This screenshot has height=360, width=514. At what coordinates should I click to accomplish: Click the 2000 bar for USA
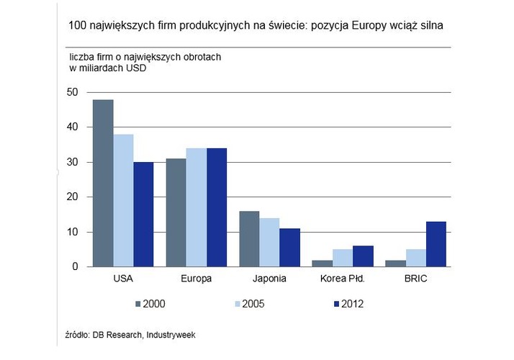coord(103,183)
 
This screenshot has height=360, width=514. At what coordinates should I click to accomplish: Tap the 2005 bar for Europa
coord(197,207)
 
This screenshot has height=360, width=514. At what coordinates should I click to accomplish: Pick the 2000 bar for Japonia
coord(250,239)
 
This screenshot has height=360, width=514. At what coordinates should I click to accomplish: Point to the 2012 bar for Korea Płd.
coord(363,256)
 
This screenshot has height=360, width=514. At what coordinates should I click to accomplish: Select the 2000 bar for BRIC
coord(395,264)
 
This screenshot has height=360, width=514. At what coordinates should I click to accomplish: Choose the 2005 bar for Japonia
coord(270,243)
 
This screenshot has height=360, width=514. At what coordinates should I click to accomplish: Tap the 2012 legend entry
coord(345,304)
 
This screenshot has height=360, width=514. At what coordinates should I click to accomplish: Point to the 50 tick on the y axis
coord(72,92)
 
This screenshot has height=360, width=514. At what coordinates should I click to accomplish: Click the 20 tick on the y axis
coord(72,197)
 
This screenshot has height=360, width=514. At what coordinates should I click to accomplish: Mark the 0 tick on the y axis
coord(74,267)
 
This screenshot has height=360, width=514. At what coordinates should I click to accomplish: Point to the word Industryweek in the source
coord(171,334)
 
